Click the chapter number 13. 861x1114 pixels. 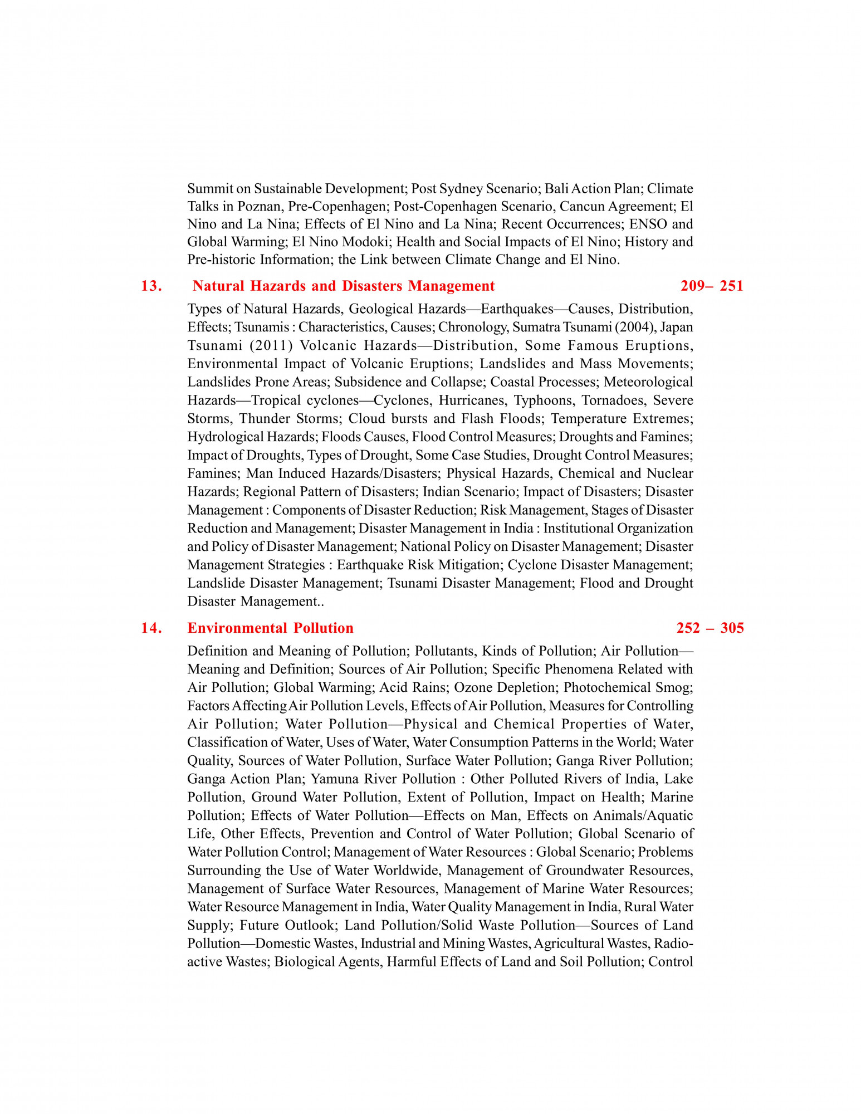click(x=151, y=286)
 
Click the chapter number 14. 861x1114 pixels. click(x=151, y=628)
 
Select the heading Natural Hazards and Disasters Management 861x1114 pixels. click(x=343, y=286)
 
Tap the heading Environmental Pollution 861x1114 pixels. click(x=270, y=628)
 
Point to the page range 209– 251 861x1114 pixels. click(x=711, y=286)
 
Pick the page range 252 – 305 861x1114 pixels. click(x=710, y=628)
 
